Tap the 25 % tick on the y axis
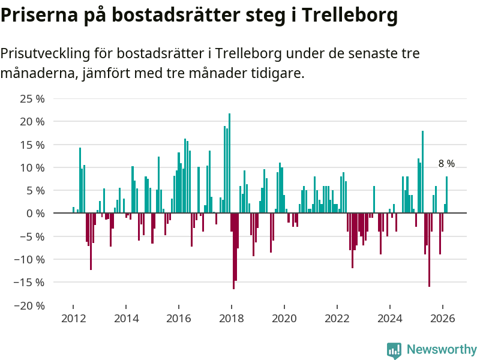(33, 98)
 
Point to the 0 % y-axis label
(36, 213)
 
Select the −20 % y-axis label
(30, 305)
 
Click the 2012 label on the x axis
(73, 318)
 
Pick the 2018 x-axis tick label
(232, 318)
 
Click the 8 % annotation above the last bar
(446, 163)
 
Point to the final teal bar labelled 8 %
(446, 194)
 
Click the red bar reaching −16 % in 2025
(429, 250)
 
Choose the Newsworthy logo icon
(394, 350)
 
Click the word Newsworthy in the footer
(442, 349)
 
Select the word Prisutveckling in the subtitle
(45, 54)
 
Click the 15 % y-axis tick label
(33, 145)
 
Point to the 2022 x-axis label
(337, 318)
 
